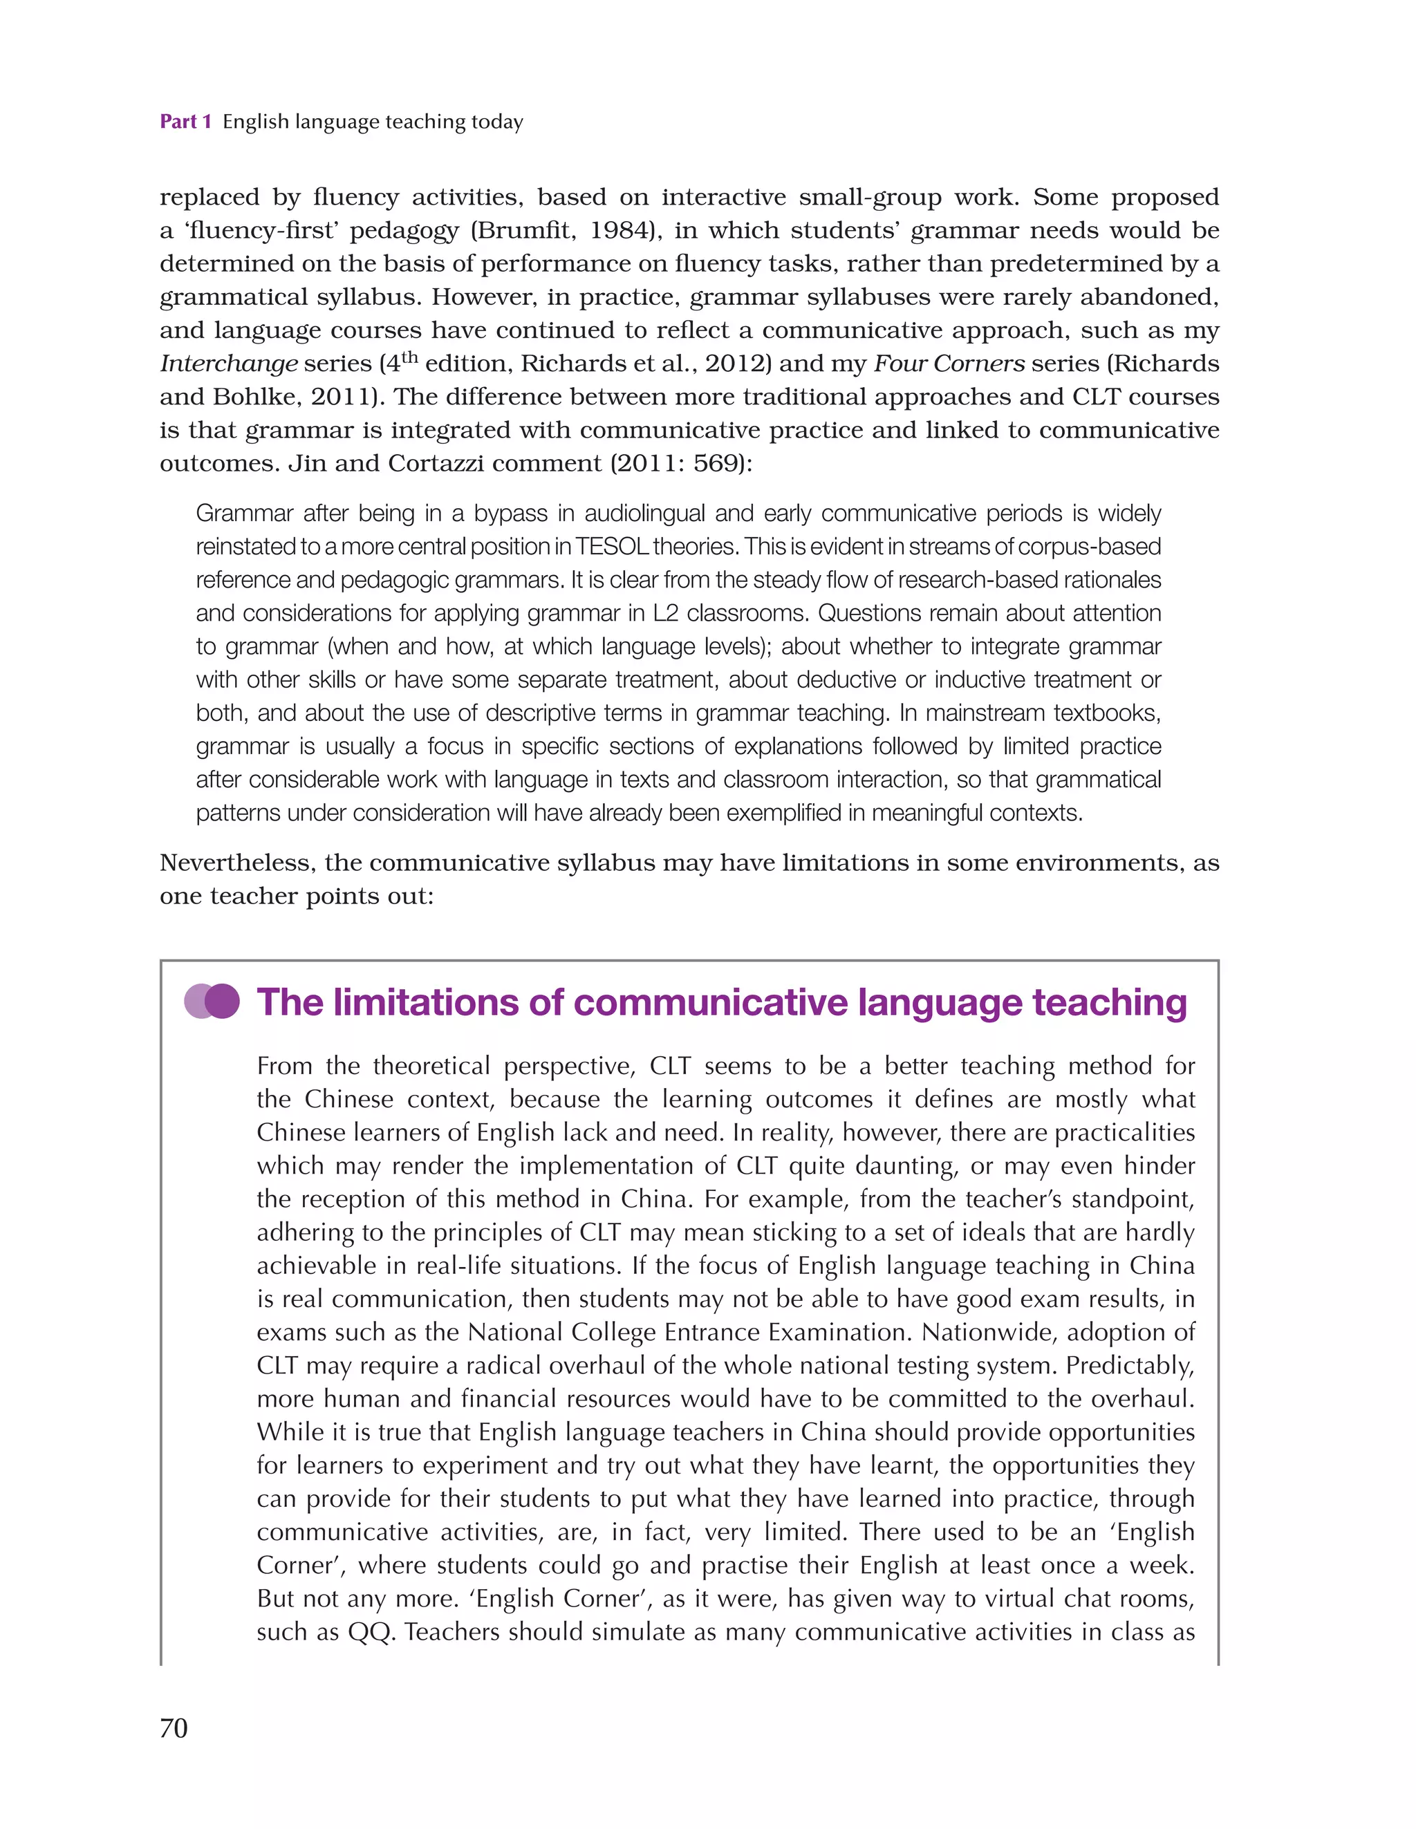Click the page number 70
pyautogui.click(x=174, y=1727)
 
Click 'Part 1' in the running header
pyautogui.click(x=185, y=122)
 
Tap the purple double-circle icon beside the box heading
pyautogui.click(x=212, y=1001)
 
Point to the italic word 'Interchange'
pyautogui.click(x=229, y=364)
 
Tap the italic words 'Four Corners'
pyautogui.click(x=949, y=364)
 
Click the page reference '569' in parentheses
pyautogui.click(x=716, y=463)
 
